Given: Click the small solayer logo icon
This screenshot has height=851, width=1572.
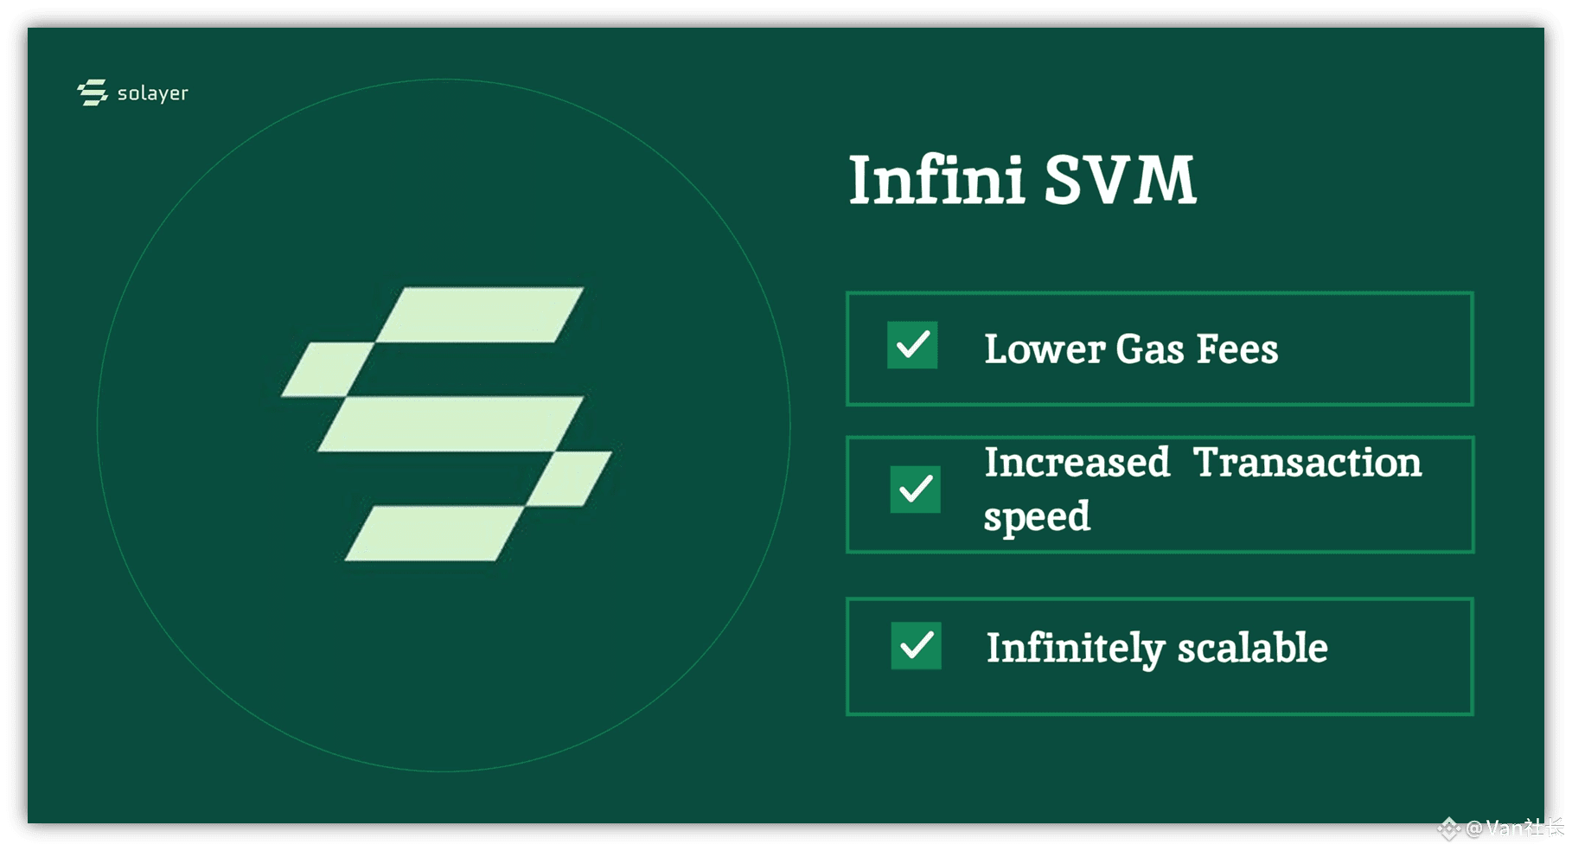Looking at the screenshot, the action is tap(93, 93).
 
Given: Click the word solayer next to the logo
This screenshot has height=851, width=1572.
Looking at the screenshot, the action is tap(153, 93).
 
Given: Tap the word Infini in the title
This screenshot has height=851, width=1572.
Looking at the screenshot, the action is tap(936, 180).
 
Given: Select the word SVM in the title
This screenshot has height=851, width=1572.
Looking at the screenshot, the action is tap(1120, 180).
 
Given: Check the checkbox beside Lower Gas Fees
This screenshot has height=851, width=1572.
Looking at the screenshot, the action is tap(912, 345).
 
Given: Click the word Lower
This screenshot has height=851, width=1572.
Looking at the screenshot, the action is tap(1045, 349).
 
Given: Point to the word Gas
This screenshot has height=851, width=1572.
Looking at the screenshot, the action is tap(1150, 349).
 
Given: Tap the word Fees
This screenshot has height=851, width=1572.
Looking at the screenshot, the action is tap(1237, 349).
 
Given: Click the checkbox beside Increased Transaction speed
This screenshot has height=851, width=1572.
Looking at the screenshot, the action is tap(916, 489).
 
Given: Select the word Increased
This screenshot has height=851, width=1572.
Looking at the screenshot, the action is tap(1077, 462).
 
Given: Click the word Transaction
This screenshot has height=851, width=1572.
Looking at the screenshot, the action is tap(1307, 462).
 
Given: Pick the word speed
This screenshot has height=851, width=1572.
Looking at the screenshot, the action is tap(1038, 517).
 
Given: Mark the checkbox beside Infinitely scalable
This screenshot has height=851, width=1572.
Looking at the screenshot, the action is tap(917, 645).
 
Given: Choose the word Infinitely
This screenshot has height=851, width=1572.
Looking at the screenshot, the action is tap(1076, 649).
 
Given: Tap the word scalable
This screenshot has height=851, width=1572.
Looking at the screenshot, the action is tap(1253, 647).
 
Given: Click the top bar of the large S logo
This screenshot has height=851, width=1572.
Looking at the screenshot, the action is tap(480, 315).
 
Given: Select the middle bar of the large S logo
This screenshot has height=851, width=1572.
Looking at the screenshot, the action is tap(451, 424).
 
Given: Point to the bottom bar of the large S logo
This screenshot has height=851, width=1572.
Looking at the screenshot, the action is tap(434, 534).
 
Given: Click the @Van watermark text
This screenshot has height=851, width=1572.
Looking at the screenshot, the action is tap(1514, 828).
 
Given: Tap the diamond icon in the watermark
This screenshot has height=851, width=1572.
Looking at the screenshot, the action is tap(1449, 829).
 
